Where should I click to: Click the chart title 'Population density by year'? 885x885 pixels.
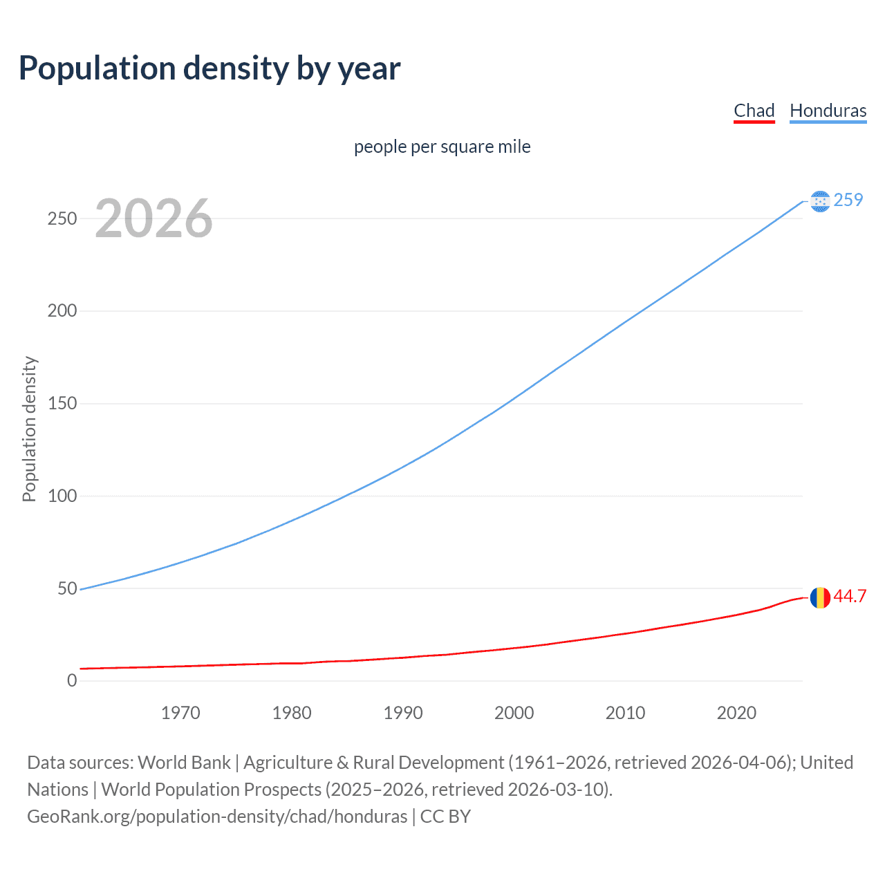tap(209, 68)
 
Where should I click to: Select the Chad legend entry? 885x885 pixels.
tap(754, 111)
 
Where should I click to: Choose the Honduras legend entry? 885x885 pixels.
tap(828, 111)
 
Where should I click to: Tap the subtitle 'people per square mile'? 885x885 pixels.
tap(442, 147)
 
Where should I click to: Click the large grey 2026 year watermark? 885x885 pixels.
tap(153, 218)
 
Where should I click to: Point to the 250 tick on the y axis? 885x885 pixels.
tap(62, 218)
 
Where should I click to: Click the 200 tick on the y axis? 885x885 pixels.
tap(62, 310)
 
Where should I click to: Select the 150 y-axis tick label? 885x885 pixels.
tap(62, 403)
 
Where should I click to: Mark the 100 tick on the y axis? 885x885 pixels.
tap(62, 496)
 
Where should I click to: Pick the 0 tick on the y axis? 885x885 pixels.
tap(72, 680)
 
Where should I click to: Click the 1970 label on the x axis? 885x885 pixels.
tap(180, 713)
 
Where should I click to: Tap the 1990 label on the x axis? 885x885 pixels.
tap(403, 713)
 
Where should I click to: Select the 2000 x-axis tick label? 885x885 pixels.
tap(514, 713)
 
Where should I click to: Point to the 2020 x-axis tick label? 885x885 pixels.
tap(736, 713)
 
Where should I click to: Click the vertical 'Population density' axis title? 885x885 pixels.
tap(29, 429)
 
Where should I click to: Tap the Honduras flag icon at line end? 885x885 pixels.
tap(820, 201)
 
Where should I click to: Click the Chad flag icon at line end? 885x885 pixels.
tap(820, 597)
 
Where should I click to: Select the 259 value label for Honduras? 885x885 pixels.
tap(848, 200)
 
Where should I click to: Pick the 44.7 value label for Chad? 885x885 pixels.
tap(850, 596)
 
